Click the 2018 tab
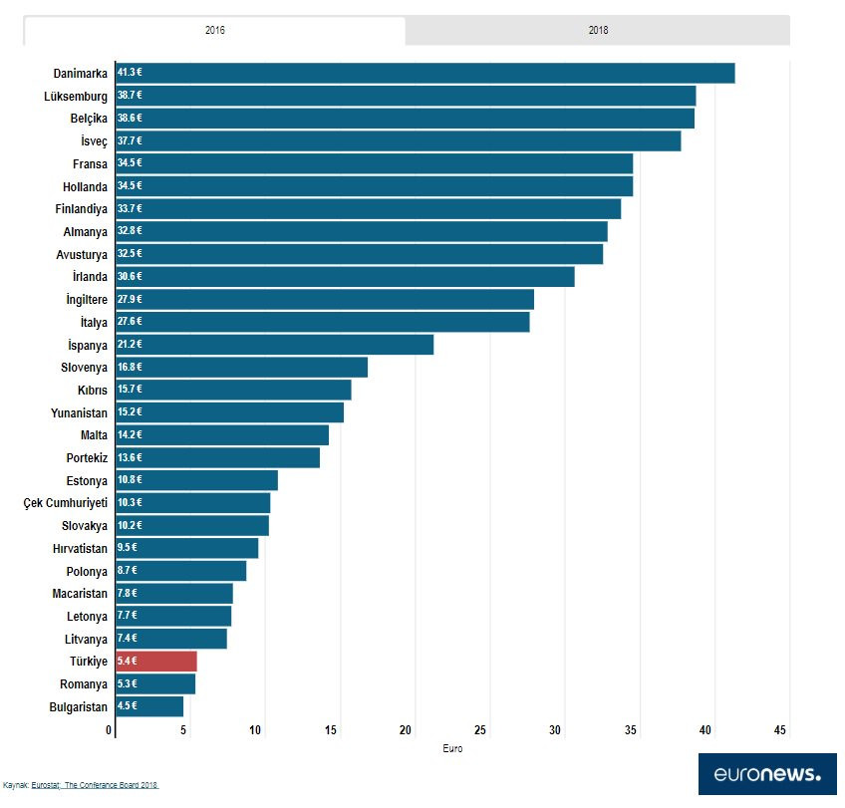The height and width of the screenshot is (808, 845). click(598, 30)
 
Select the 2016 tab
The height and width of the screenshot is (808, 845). click(214, 30)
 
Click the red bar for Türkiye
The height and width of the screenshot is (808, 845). click(156, 662)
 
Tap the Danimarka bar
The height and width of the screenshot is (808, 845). click(424, 73)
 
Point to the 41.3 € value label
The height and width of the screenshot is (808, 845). click(130, 73)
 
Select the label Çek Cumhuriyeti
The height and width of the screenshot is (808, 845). click(65, 503)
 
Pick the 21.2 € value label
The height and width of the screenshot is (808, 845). click(130, 345)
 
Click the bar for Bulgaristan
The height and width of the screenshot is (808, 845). click(149, 706)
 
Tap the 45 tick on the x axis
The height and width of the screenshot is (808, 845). click(780, 731)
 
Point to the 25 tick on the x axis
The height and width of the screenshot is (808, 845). click(480, 731)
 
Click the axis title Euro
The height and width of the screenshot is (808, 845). click(451, 748)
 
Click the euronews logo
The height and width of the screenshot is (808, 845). click(767, 774)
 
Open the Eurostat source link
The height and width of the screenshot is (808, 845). click(45, 786)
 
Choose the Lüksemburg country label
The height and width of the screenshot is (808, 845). click(76, 96)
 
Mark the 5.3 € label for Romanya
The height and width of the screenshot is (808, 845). click(130, 684)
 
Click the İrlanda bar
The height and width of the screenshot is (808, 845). click(345, 277)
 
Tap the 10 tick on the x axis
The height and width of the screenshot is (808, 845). click(256, 731)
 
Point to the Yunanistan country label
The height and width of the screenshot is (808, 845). click(79, 412)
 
